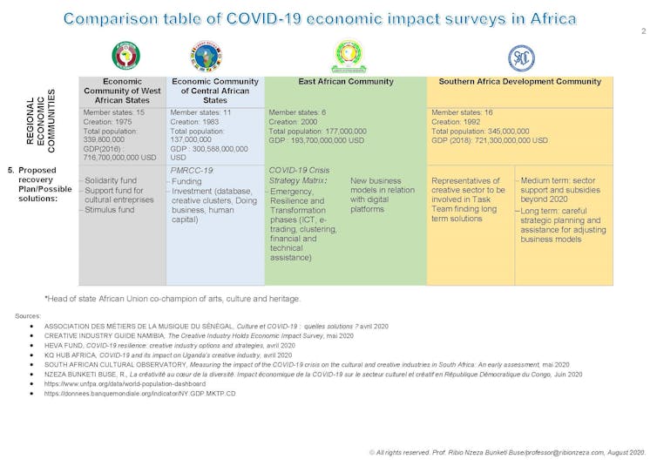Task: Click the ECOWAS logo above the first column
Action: point(125,56)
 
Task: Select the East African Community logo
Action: point(349,56)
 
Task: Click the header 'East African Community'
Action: point(346,82)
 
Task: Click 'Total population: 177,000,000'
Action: point(317,131)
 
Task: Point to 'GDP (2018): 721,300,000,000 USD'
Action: point(490,140)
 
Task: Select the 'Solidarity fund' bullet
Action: point(112,179)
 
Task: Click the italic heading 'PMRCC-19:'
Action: point(193,171)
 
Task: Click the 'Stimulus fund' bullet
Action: point(111,210)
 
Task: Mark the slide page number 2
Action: point(643,31)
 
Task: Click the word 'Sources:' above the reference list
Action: point(29,314)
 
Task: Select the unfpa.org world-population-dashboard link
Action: point(125,383)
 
